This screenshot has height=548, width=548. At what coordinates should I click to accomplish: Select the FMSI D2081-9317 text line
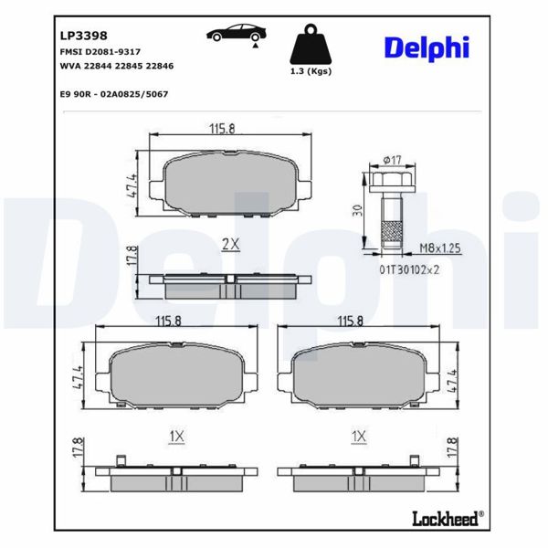coord(100,54)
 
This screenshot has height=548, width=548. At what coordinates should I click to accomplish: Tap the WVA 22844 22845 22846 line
coord(116,67)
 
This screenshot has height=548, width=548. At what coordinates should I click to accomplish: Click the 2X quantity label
coord(230,244)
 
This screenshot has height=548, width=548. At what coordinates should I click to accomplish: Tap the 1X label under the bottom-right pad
coord(358,437)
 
